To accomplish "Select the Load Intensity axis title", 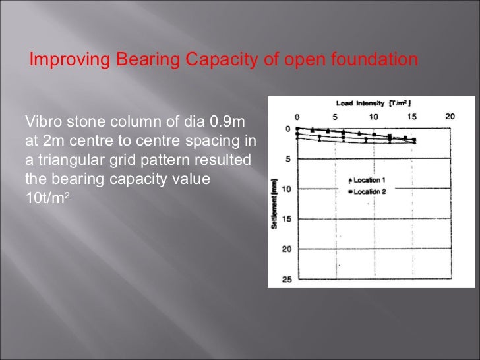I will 374,104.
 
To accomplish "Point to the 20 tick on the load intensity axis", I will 450,116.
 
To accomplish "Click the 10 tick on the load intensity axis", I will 374,116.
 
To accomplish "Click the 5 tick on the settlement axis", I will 289,159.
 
